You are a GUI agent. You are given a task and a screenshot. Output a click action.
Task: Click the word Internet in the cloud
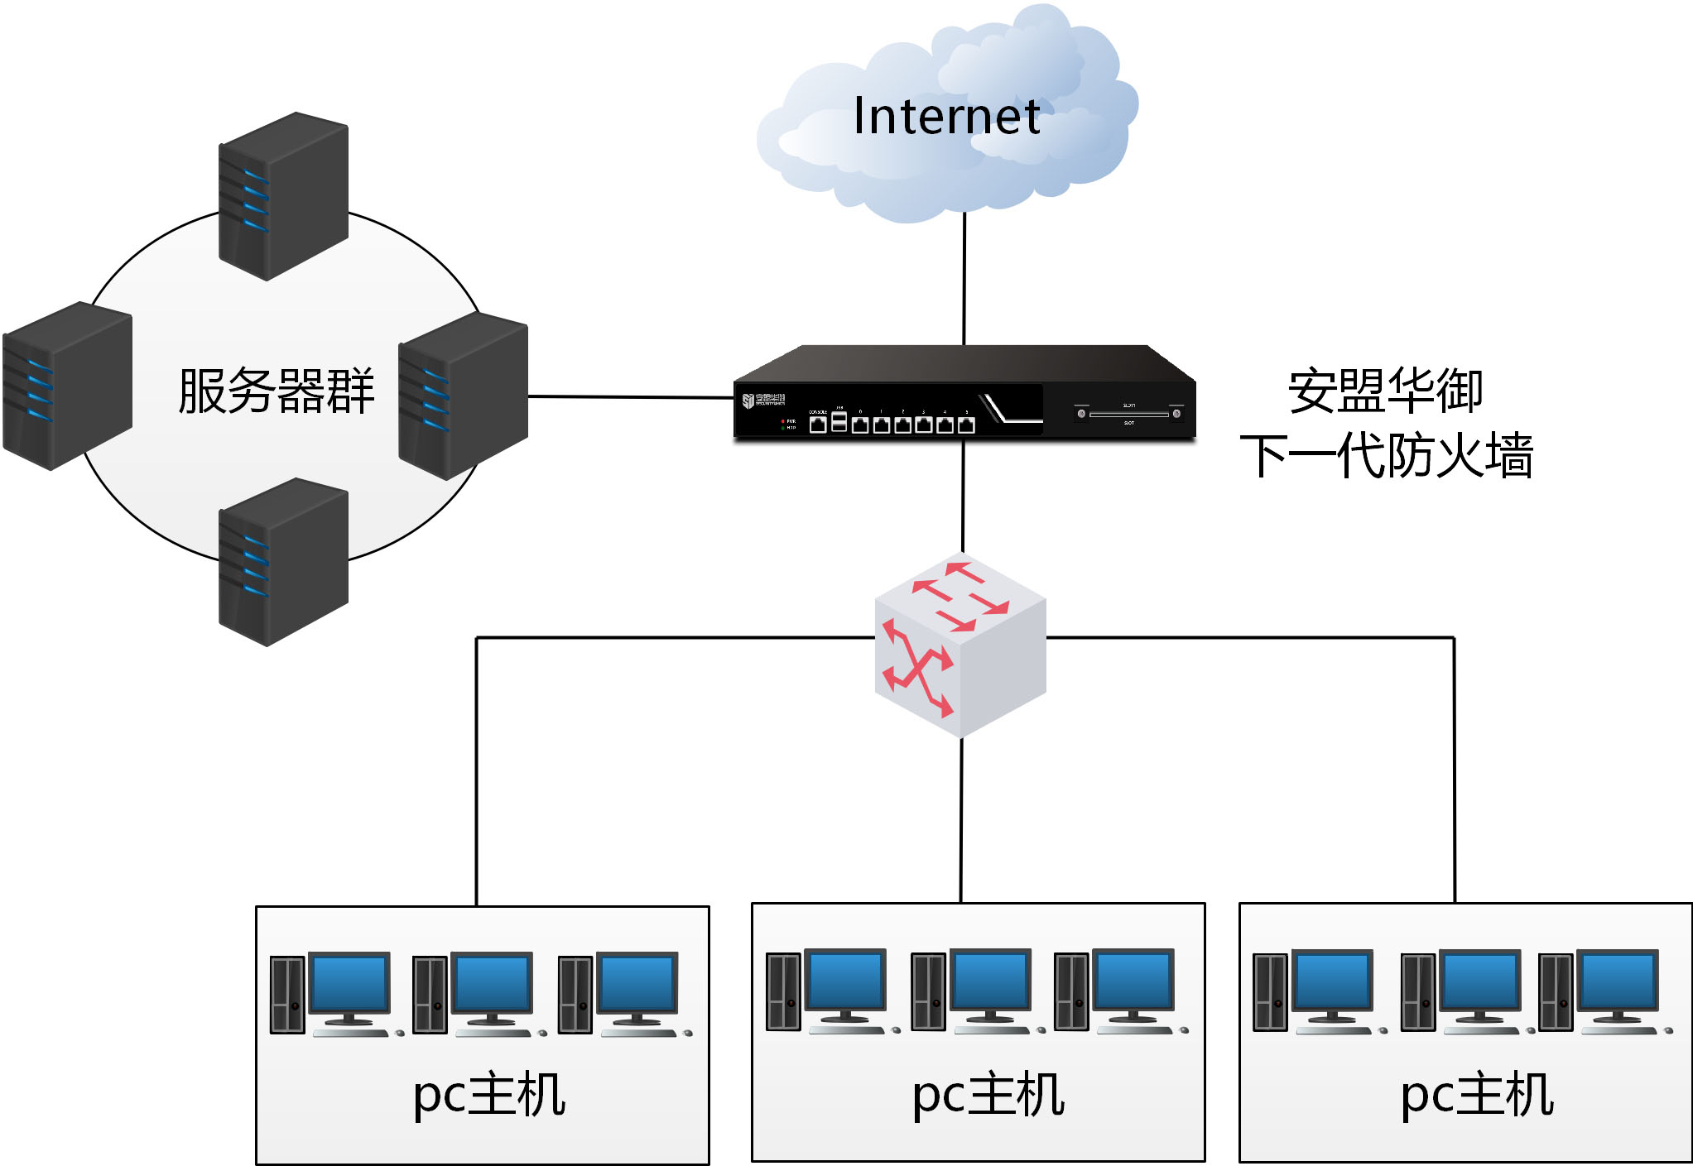pos(946,116)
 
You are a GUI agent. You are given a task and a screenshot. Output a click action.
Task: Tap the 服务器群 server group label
pos(277,391)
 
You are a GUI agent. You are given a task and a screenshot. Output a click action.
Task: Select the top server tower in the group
pos(283,197)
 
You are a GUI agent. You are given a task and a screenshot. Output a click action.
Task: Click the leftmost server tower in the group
pos(67,386)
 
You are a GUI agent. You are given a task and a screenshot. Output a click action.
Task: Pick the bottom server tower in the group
pos(283,562)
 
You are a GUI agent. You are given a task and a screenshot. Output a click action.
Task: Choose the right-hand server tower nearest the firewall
pos(463,396)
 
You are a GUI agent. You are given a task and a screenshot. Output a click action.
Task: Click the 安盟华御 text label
pos(1385,391)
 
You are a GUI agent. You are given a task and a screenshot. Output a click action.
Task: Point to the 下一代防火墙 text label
pos(1387,455)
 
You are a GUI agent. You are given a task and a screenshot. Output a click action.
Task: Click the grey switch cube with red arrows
pos(960,645)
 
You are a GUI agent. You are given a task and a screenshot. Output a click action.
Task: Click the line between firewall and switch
pos(963,497)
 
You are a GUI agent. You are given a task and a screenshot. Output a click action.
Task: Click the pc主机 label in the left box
pos(489,1095)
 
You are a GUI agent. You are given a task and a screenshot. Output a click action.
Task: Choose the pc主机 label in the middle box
pos(988,1095)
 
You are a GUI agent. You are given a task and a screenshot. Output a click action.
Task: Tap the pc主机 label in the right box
pos(1476,1095)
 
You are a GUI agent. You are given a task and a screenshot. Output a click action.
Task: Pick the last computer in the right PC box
pos(1604,992)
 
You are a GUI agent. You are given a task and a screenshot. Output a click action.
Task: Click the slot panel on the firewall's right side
pos(1128,414)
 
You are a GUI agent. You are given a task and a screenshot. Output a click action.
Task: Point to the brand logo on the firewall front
pos(763,401)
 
